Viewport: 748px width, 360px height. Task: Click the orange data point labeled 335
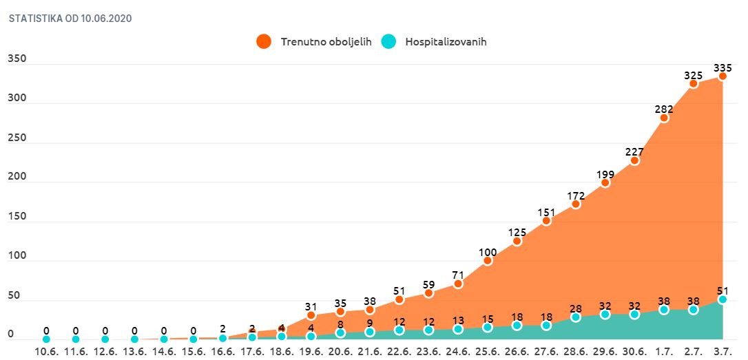pos(723,76)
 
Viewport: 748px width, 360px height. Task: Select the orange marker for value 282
pos(664,118)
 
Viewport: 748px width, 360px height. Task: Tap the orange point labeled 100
pos(488,261)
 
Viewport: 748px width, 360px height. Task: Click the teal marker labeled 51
pos(723,299)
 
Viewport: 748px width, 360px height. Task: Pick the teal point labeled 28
pos(576,317)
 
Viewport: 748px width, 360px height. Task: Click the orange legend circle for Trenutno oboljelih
pos(264,41)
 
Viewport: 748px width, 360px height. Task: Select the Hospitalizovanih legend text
pos(446,42)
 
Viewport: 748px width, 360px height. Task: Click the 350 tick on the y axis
pos(17,59)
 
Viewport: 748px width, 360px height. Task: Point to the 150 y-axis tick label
pos(17,217)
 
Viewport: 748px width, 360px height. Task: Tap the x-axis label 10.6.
pos(46,352)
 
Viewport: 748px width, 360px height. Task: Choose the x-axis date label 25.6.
pos(488,352)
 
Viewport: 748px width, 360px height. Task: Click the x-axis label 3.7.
pos(723,352)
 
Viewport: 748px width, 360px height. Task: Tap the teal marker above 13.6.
pos(134,339)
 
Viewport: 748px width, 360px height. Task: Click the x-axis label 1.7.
pos(664,352)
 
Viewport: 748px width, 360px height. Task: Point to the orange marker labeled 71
pos(458,284)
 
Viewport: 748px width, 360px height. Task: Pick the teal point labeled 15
pos(488,328)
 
